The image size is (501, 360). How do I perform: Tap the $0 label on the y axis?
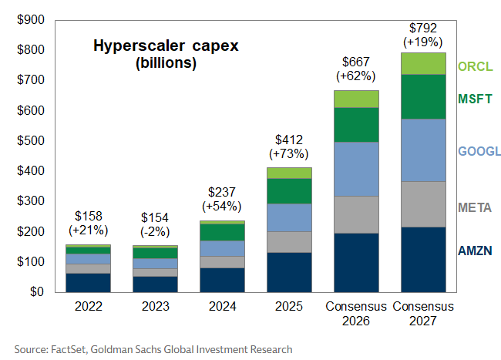click(35, 292)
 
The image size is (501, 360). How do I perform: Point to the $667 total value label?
click(355, 62)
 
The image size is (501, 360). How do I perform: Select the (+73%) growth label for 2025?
click(289, 154)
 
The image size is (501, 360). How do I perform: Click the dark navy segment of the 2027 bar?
click(423, 259)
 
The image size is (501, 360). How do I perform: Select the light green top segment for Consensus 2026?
click(355, 99)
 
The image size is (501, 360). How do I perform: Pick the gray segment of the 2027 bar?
click(423, 204)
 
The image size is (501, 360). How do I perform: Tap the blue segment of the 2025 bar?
click(289, 217)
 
